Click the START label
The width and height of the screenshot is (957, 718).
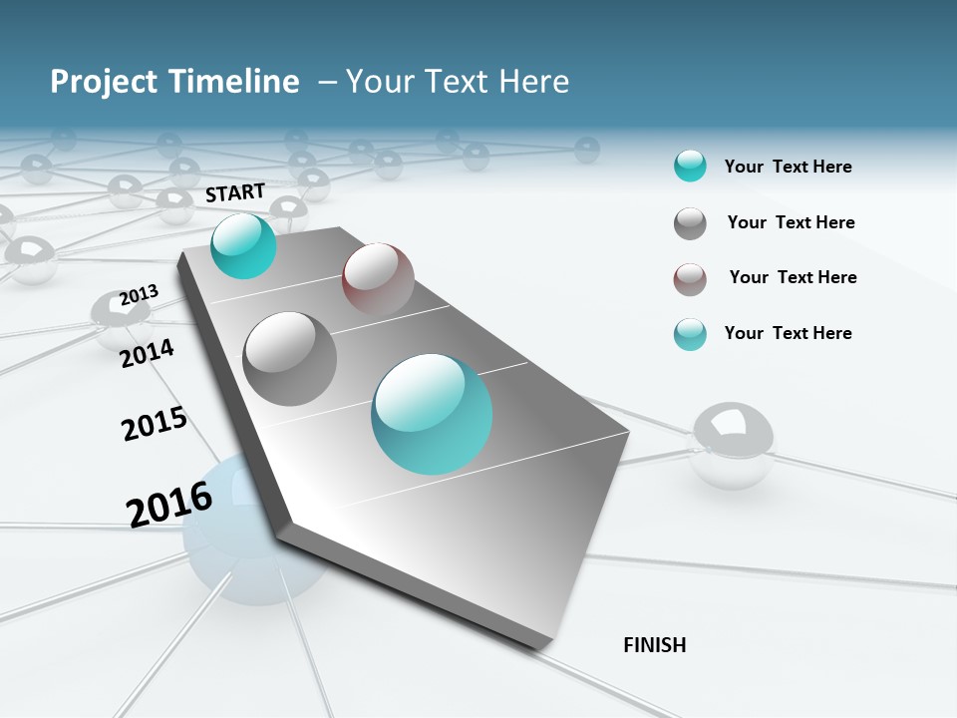[235, 192]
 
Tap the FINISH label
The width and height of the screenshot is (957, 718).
[654, 645]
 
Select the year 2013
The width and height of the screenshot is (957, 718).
[140, 295]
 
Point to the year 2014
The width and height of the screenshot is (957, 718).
[148, 353]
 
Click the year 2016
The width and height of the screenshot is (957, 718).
[169, 504]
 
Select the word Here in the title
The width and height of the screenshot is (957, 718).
[533, 82]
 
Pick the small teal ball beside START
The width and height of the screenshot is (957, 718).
[243, 245]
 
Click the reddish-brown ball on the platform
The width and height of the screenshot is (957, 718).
[378, 278]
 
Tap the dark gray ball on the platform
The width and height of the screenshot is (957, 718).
[290, 358]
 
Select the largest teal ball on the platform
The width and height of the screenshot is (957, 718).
[432, 414]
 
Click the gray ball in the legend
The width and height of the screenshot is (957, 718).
[690, 223]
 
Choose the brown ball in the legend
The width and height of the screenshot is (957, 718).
[690, 279]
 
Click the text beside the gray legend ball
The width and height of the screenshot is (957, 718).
[791, 222]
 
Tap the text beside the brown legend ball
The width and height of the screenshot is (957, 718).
[793, 277]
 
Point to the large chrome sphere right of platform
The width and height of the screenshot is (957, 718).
[731, 444]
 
